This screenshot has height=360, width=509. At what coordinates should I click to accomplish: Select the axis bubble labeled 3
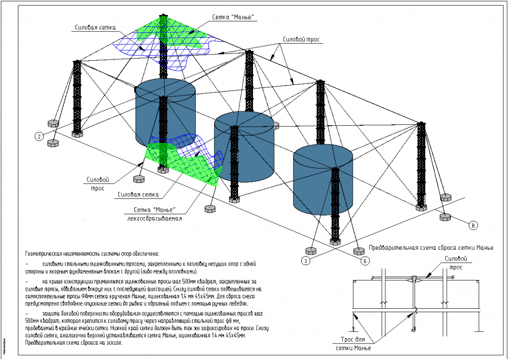[307, 260]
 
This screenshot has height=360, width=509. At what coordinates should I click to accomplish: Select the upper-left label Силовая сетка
[95, 28]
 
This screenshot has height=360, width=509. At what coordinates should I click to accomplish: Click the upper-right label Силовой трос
[301, 39]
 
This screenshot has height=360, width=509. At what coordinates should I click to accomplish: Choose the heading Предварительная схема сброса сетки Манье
[431, 248]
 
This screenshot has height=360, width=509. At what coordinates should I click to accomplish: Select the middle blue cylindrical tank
[244, 147]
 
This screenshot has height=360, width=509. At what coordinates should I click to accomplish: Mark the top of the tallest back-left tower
[164, 16]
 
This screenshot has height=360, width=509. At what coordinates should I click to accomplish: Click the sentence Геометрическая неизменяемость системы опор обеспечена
[92, 253]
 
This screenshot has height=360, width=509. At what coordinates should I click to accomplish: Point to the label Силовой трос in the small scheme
[456, 262]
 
